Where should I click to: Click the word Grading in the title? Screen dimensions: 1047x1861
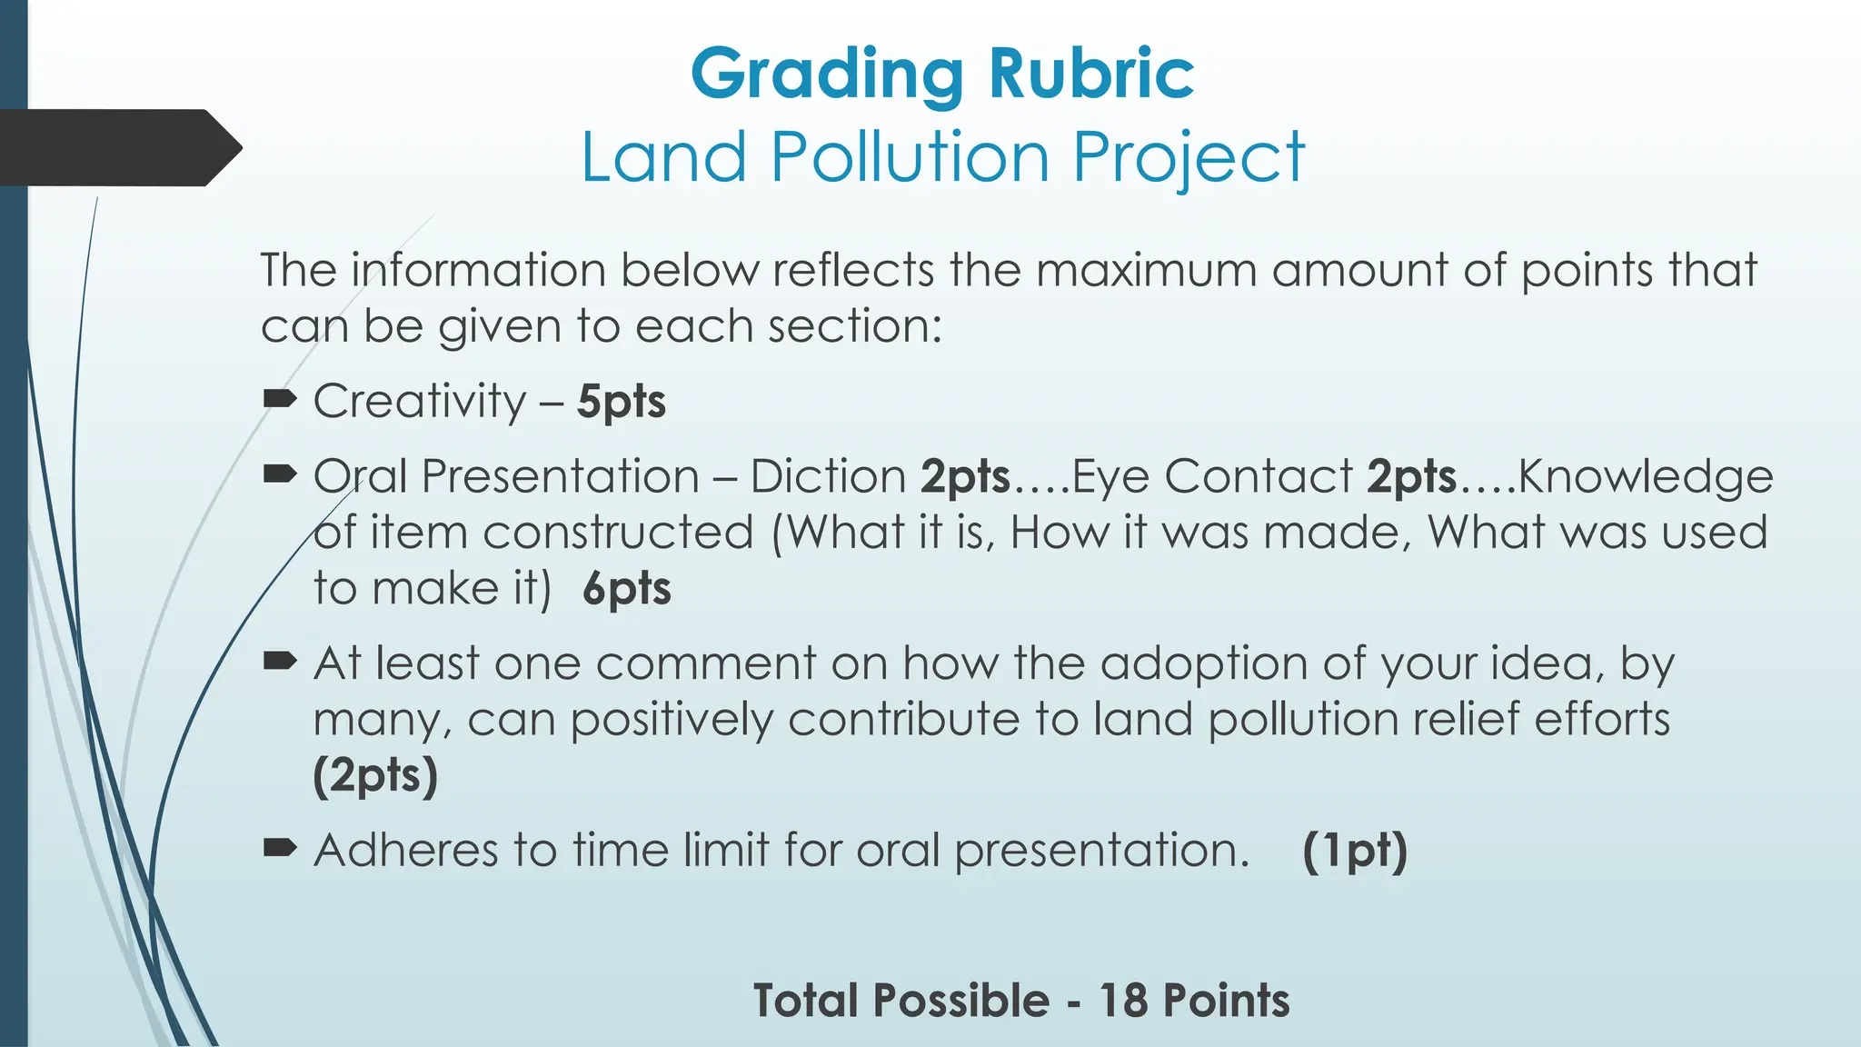826,75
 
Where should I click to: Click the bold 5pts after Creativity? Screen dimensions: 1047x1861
622,402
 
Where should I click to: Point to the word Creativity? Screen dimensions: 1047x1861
420,401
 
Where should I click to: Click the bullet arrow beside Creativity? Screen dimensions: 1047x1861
280,398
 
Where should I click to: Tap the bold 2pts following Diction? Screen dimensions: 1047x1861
965,476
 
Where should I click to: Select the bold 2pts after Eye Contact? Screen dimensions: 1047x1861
1411,476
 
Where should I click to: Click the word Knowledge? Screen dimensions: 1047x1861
1646,477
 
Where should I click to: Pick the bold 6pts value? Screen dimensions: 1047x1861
627,589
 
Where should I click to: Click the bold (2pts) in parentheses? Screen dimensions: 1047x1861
375,776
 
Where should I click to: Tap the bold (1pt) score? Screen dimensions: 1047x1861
1354,851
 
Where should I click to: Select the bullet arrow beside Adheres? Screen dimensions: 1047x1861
280,848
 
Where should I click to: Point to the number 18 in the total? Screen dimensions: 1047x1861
1123,1001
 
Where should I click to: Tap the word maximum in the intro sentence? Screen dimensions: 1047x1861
1145,271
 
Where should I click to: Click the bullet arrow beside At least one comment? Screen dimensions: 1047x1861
280,661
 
